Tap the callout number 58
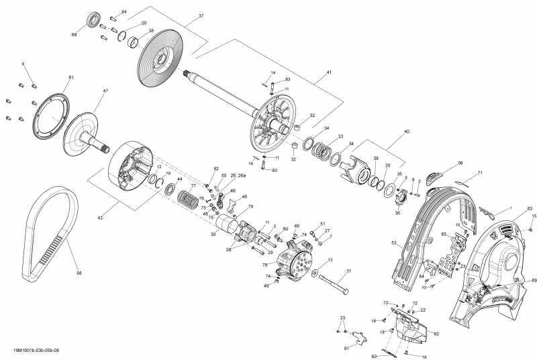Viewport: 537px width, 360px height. [79, 273]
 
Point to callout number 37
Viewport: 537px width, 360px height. [201, 16]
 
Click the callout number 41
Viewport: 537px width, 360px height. [330, 72]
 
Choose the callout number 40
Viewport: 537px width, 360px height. [406, 132]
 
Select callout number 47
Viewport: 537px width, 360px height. [105, 90]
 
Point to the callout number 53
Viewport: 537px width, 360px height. [394, 243]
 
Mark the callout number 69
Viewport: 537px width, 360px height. [534, 279]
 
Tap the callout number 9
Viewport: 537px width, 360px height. [23, 64]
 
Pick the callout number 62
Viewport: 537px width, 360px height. [436, 333]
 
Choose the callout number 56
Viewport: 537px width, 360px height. [460, 163]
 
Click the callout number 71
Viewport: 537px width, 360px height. [480, 173]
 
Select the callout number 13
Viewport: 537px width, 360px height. [330, 260]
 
